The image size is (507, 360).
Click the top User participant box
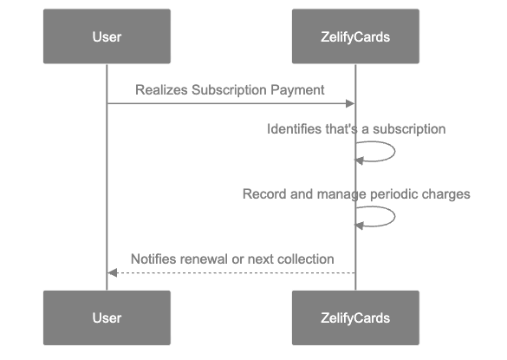107,36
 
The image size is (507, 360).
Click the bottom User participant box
107,317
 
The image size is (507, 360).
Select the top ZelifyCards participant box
355,36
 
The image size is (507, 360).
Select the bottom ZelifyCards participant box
355,317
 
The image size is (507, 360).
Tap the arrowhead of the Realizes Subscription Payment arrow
350,104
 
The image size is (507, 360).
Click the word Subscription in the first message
231,89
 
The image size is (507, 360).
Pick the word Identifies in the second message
294,128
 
